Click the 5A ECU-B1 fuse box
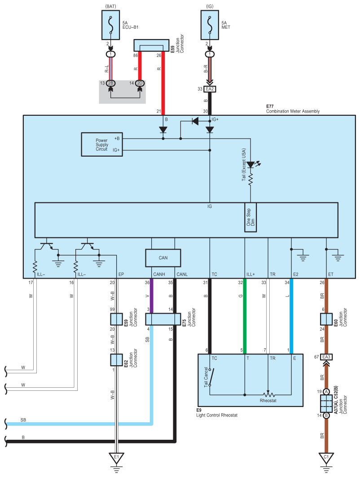110,25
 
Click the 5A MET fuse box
210,25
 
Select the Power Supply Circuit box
102,144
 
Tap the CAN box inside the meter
163,258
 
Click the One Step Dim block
250,218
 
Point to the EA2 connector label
210,89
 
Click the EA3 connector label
326,357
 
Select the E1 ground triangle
116,458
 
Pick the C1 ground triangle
326,458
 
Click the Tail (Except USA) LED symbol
250,165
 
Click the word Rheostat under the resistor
268,401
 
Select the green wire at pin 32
245,316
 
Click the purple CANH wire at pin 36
152,296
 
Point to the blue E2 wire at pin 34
291,316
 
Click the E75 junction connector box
163,319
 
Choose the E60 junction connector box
326,319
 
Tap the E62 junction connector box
116,360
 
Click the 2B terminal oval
111,83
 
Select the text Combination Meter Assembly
293,111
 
